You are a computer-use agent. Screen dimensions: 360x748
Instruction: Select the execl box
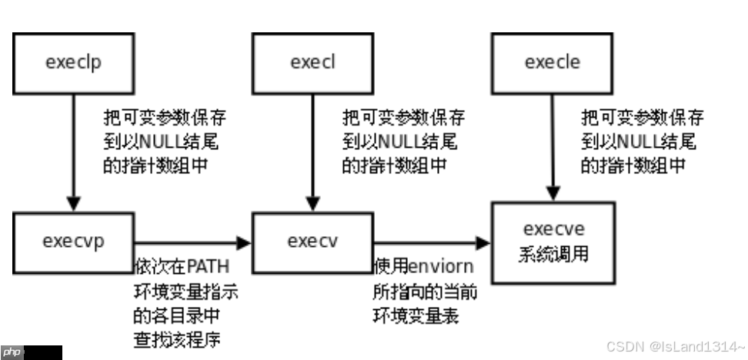click(312, 62)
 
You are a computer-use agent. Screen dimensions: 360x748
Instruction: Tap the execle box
click(552, 62)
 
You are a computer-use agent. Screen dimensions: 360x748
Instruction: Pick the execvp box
click(73, 243)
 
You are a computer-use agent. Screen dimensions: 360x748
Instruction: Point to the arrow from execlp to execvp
click(73, 154)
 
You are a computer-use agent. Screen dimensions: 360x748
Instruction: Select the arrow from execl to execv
click(312, 154)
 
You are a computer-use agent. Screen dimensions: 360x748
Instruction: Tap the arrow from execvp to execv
click(192, 243)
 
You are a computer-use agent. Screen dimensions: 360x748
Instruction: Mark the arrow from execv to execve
click(431, 243)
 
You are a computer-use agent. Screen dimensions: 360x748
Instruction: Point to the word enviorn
click(439, 266)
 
